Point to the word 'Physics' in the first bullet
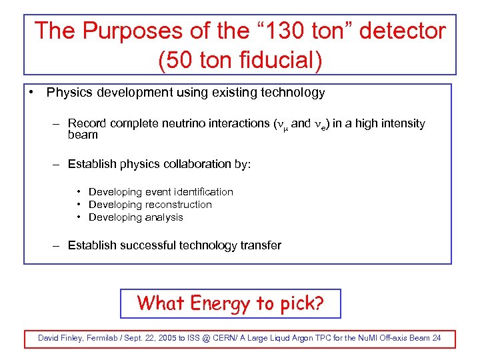coord(69,93)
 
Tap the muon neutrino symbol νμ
coord(281,125)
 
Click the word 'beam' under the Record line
coord(83,135)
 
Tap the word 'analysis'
coord(164,217)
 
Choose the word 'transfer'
coord(259,245)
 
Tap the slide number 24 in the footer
coord(437,338)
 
